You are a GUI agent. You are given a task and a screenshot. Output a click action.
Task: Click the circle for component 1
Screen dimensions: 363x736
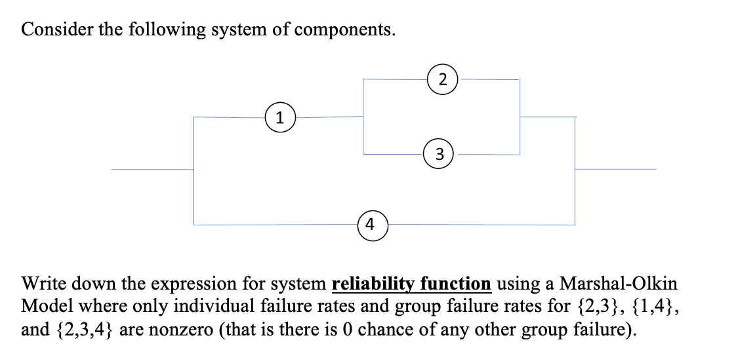(x=280, y=118)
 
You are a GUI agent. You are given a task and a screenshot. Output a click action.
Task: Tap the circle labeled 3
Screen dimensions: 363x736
(x=440, y=155)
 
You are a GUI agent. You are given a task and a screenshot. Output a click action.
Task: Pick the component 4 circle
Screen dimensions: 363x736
(x=371, y=225)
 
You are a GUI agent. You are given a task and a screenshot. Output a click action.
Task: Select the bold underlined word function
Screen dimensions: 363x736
(x=456, y=284)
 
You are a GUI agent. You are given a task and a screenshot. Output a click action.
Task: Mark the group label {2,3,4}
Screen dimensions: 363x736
(x=82, y=329)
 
